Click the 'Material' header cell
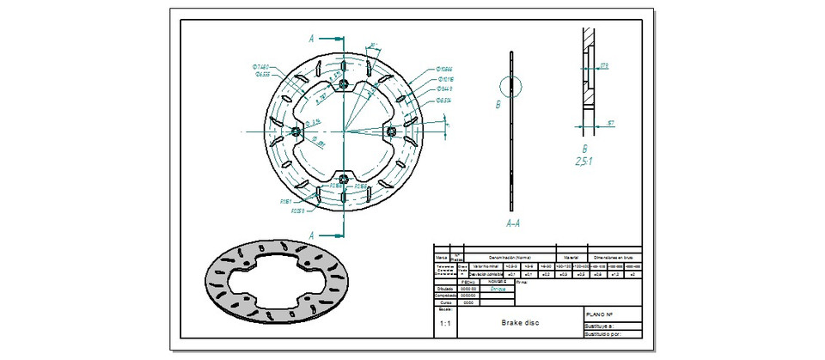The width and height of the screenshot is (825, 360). [x=571, y=256]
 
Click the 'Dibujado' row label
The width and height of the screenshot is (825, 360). [x=445, y=288]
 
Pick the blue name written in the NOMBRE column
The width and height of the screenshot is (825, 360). [x=498, y=289]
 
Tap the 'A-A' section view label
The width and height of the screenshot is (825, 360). [x=513, y=222]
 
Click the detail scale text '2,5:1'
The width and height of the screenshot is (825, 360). [x=587, y=160]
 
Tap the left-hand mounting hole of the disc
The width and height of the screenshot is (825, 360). [x=296, y=131]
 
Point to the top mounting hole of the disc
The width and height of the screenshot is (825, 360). [x=344, y=82]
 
